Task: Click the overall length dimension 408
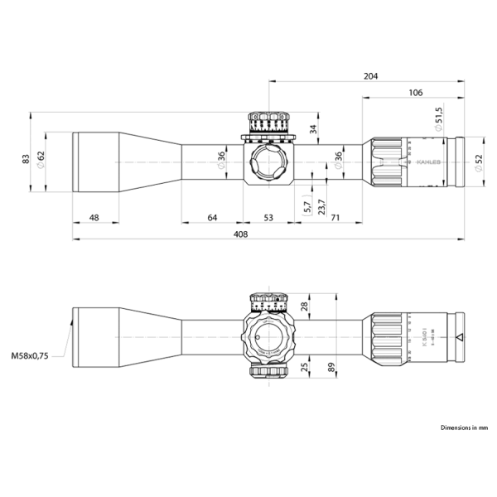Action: pos(241,234)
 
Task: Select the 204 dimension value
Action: pos(370,75)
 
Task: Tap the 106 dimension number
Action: pos(416,93)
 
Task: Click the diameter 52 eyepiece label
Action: pos(477,163)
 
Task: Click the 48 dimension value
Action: pos(94,218)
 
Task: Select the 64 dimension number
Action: pos(212,218)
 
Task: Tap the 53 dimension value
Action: pos(268,218)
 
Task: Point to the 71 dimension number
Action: pos(335,218)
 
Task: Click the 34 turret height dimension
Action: pos(312,128)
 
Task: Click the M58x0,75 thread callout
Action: pos(30,355)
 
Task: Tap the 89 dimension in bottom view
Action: pos(332,367)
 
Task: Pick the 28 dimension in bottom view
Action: pos(304,306)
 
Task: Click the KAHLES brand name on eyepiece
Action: pos(430,162)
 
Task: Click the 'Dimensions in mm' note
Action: pos(465,428)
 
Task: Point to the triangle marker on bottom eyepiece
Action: pos(459,337)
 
